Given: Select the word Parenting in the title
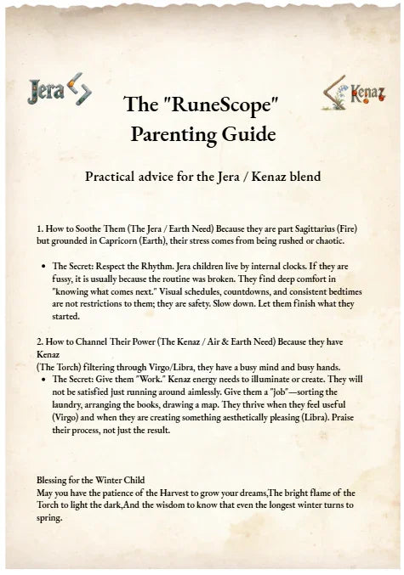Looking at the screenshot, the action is click(175, 133).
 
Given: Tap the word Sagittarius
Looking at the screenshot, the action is click(307, 229).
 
